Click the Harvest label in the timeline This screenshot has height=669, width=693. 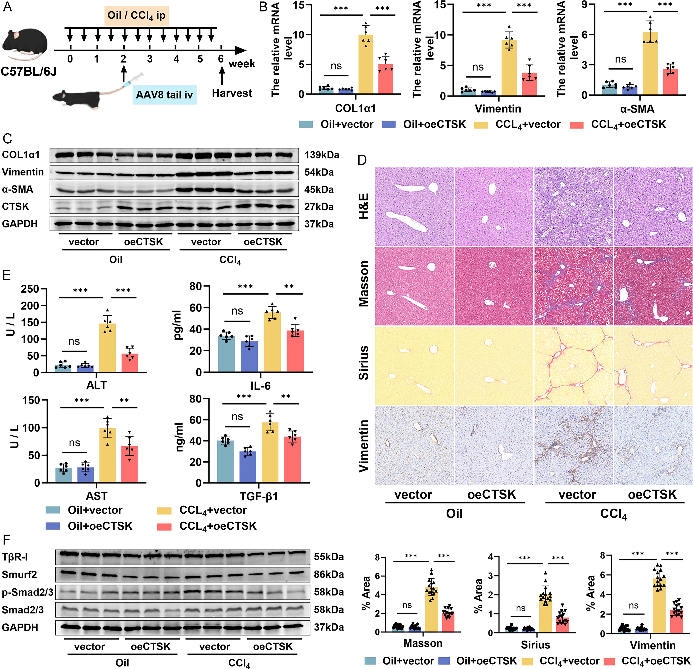tap(232, 93)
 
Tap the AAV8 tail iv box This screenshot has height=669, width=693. tap(164, 95)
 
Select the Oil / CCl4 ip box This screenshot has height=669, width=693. tap(136, 16)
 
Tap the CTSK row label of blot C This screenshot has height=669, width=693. tap(16, 207)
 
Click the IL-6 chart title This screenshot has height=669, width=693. tap(261, 386)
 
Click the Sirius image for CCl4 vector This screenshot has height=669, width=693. tap(573, 365)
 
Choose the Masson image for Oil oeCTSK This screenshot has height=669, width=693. tap(494, 286)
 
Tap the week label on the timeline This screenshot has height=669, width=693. tap(242, 64)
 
